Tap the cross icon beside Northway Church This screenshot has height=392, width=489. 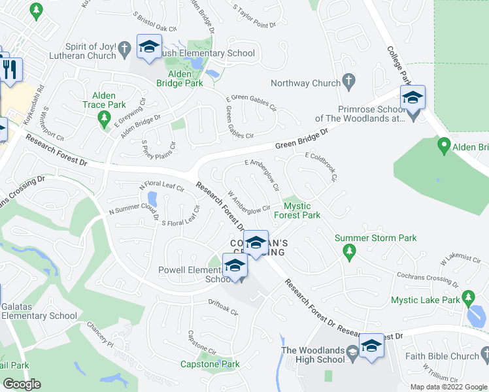pyautogui.click(x=349, y=82)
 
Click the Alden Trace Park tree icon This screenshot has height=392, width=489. pyautogui.click(x=103, y=117)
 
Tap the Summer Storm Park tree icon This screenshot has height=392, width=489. pyautogui.click(x=350, y=251)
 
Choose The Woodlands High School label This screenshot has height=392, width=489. pyautogui.click(x=313, y=355)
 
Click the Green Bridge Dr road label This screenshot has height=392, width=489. pyautogui.click(x=300, y=140)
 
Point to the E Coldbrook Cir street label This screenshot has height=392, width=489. pyautogui.click(x=321, y=167)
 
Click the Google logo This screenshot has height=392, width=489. pyautogui.click(x=22, y=384)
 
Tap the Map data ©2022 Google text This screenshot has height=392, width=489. pyautogui.click(x=448, y=387)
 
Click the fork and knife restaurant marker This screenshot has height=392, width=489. pyautogui.click(x=9, y=68)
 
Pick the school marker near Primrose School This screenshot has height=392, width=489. pyautogui.click(x=413, y=98)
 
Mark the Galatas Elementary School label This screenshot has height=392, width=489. pyautogui.click(x=39, y=311)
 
